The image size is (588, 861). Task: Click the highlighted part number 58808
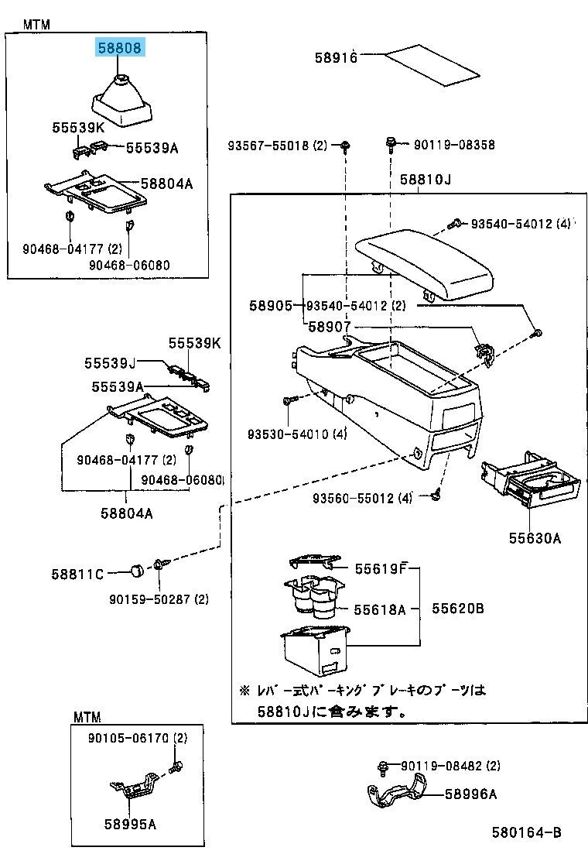tap(120, 48)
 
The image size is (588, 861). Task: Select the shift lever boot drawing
tap(122, 101)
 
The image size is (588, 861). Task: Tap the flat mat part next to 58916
tap(431, 64)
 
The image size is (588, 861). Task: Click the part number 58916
tap(336, 57)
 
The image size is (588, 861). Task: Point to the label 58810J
tap(425, 180)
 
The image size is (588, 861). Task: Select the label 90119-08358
tap(454, 145)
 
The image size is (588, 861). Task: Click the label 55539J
tap(110, 362)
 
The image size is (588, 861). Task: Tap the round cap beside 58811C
tap(137, 571)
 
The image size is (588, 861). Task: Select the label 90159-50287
tap(158, 599)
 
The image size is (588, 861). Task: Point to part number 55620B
tap(458, 609)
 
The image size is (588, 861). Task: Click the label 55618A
tap(380, 609)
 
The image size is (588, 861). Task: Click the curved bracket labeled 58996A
tap(395, 795)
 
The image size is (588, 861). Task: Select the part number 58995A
tap(130, 824)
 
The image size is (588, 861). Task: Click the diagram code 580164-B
tap(525, 833)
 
